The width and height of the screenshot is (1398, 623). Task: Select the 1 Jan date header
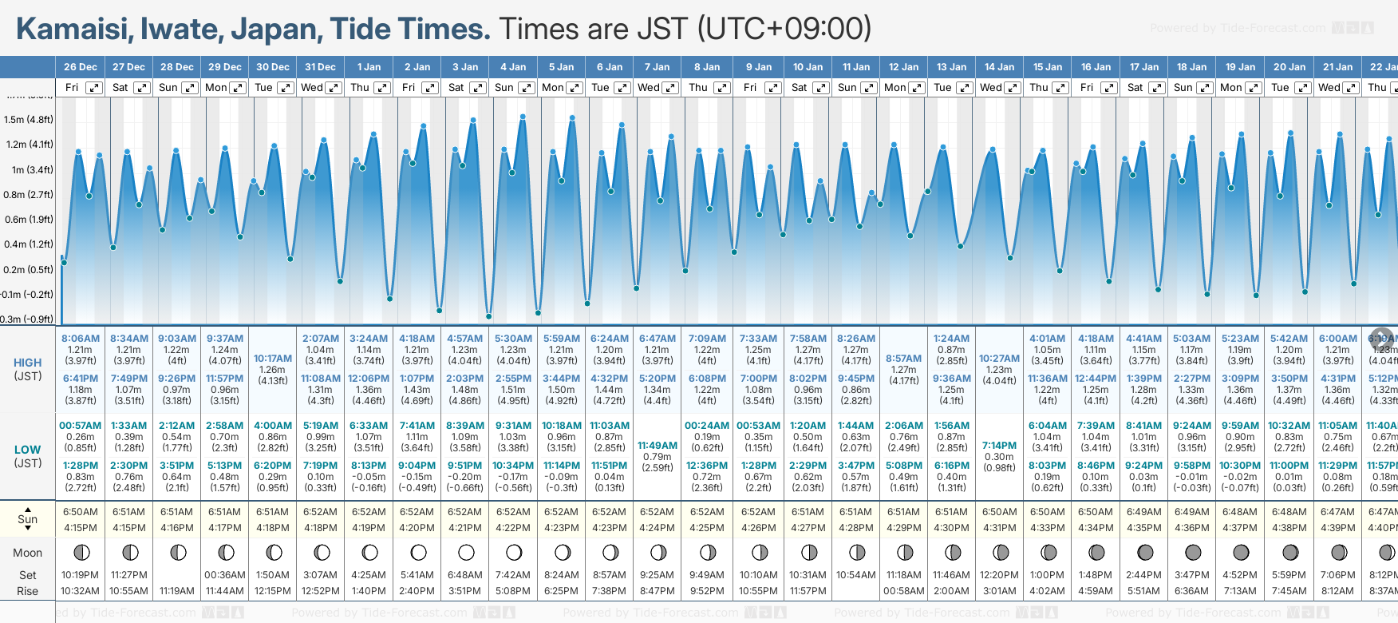(x=369, y=67)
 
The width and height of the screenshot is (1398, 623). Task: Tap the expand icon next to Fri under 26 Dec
(x=94, y=88)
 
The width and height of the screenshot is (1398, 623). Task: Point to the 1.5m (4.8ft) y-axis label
(x=28, y=120)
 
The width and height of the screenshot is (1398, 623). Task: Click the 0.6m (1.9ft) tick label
(x=28, y=219)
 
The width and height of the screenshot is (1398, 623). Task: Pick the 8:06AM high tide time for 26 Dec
(x=80, y=339)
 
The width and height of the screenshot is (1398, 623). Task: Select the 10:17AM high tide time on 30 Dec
(x=272, y=359)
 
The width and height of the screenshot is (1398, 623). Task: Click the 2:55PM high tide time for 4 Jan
(x=513, y=379)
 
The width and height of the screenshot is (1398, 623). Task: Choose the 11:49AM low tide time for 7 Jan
(x=658, y=446)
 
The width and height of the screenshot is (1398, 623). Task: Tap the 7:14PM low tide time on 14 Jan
(x=999, y=446)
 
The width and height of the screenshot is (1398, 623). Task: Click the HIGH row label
(x=28, y=363)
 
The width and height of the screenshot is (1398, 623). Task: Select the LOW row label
(x=28, y=450)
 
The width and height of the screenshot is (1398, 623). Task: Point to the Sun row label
(x=28, y=519)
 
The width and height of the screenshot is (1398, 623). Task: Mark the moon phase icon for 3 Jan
(x=466, y=552)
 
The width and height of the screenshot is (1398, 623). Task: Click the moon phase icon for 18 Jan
(x=1192, y=552)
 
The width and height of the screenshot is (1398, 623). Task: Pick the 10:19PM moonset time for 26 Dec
(x=80, y=575)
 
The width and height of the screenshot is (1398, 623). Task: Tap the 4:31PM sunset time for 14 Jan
(x=999, y=528)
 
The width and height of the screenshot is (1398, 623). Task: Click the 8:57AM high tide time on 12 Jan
(x=903, y=359)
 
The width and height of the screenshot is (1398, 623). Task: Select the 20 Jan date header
(x=1289, y=67)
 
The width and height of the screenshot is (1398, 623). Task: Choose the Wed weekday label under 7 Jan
(x=648, y=88)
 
